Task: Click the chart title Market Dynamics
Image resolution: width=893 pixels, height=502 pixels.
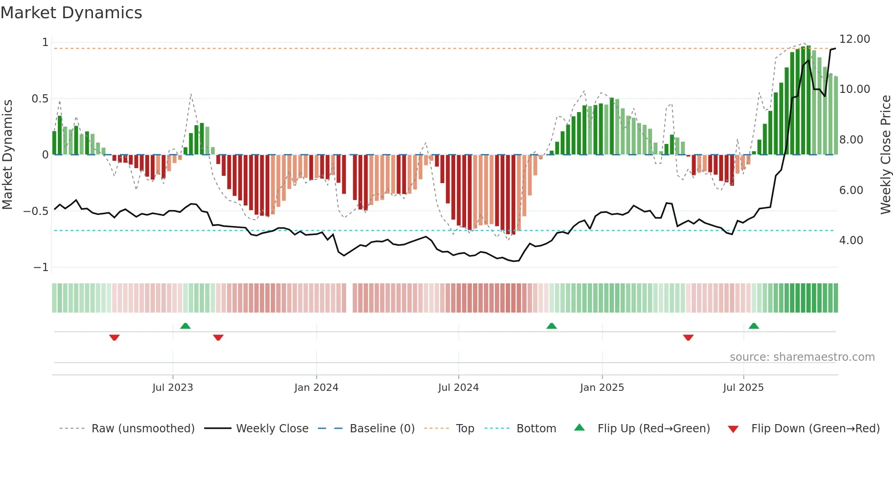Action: click(x=72, y=13)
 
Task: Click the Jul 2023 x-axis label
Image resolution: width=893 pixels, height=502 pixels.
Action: click(x=173, y=388)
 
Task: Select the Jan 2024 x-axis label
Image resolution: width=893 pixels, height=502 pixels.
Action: click(x=316, y=388)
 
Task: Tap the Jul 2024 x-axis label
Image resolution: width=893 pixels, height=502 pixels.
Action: click(x=458, y=388)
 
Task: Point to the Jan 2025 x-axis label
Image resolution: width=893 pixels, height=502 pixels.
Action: click(x=602, y=388)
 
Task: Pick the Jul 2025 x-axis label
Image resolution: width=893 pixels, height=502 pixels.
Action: click(x=743, y=388)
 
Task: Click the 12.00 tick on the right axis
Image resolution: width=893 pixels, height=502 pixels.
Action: click(x=854, y=39)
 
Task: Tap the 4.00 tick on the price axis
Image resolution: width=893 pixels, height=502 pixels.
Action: click(x=851, y=241)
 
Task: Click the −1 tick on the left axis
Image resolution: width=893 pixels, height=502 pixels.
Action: click(x=41, y=267)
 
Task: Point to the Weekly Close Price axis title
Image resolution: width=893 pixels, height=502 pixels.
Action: click(x=885, y=154)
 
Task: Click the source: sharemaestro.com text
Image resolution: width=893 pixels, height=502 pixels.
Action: click(x=802, y=357)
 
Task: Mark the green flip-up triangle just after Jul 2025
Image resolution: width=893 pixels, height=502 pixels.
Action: click(x=754, y=326)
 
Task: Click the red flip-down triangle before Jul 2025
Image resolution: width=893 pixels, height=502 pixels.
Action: click(x=688, y=338)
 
